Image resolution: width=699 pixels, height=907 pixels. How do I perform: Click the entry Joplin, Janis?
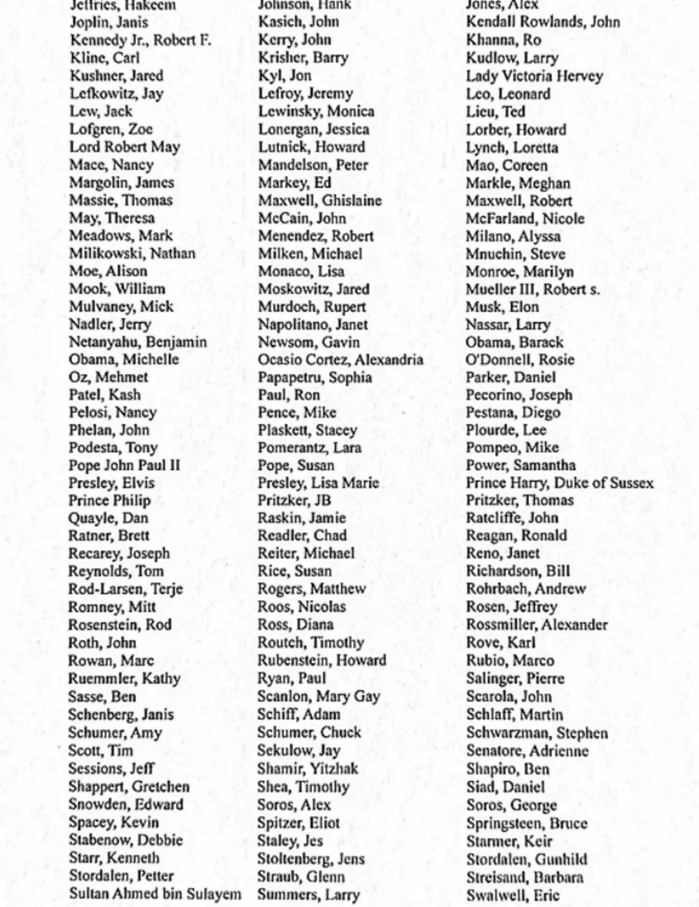[109, 22]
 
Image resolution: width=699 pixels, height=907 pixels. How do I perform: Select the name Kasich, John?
[298, 22]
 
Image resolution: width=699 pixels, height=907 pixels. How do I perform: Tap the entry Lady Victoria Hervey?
[534, 76]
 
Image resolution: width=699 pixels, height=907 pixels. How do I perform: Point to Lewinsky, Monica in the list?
[316, 111]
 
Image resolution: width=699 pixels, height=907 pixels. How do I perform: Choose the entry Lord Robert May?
[124, 147]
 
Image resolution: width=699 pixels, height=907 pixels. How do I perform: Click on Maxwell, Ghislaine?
[320, 201]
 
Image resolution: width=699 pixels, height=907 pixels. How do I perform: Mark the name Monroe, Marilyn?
[520, 272]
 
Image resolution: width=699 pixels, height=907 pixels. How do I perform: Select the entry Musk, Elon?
[502, 307]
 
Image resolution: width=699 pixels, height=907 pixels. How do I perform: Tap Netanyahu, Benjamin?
[138, 342]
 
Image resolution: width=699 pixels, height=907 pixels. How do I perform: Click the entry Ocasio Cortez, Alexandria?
[340, 360]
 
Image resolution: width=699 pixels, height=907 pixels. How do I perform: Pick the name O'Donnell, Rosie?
[520, 360]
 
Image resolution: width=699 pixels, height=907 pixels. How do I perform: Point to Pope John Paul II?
[124, 465]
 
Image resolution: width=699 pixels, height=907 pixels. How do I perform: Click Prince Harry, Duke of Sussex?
[560, 483]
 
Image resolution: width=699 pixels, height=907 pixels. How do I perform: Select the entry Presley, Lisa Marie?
[318, 483]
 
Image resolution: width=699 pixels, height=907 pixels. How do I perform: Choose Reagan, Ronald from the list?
[516, 535]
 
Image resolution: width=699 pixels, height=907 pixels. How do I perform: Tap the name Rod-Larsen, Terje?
[126, 589]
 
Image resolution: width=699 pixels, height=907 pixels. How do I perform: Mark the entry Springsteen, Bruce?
[527, 823]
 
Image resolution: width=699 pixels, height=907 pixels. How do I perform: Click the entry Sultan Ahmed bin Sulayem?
[155, 894]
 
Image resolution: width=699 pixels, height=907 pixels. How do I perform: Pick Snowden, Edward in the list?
[126, 805]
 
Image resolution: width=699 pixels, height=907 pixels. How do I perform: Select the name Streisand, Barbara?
[525, 877]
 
